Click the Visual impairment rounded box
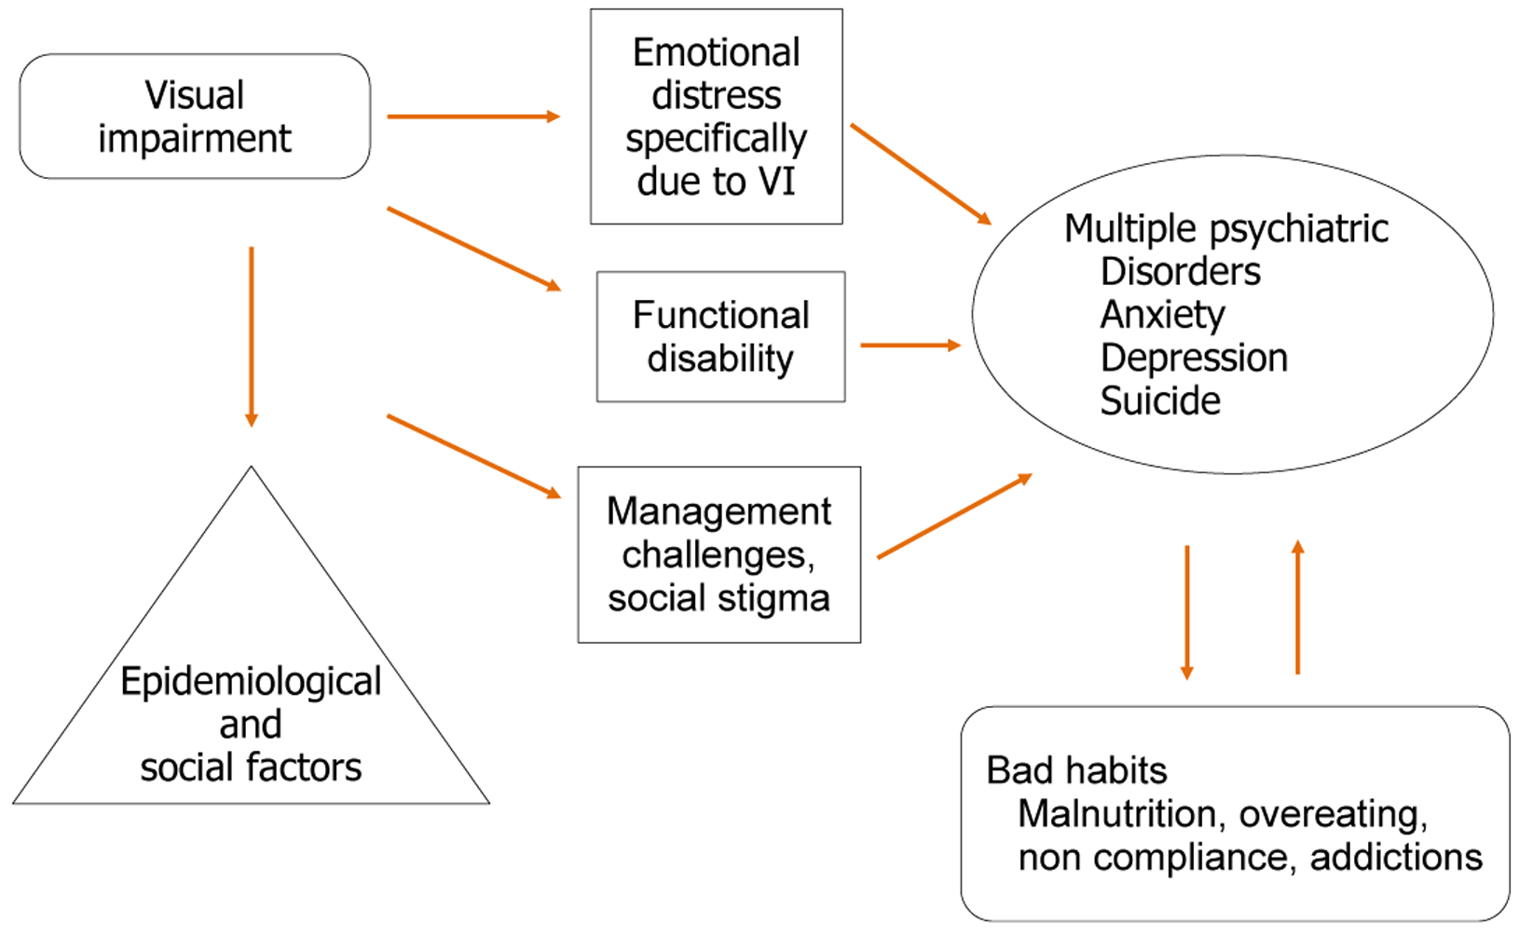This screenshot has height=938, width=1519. [195, 116]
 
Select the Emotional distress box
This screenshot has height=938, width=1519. [716, 116]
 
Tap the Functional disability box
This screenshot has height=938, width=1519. [720, 336]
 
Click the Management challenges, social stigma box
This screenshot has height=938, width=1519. [718, 554]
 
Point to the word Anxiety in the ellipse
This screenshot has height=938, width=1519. [1162, 315]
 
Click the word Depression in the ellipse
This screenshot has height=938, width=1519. [1194, 358]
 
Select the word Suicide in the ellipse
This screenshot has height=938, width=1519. [1160, 401]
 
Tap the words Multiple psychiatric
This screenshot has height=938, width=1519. [1225, 228]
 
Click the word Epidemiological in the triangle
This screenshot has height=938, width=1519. [251, 682]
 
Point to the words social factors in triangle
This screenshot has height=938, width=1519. [251, 768]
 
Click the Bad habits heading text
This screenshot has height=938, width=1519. [1076, 770]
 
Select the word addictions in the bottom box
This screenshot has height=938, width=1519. [1395, 857]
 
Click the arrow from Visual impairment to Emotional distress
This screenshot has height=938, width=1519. [472, 116]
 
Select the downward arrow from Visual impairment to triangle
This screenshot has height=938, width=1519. [251, 335]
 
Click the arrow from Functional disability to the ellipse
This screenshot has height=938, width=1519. [910, 345]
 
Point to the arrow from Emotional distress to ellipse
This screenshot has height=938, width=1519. [920, 173]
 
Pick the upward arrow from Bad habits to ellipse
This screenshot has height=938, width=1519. [1297, 606]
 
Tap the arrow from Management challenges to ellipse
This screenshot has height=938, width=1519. [954, 516]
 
